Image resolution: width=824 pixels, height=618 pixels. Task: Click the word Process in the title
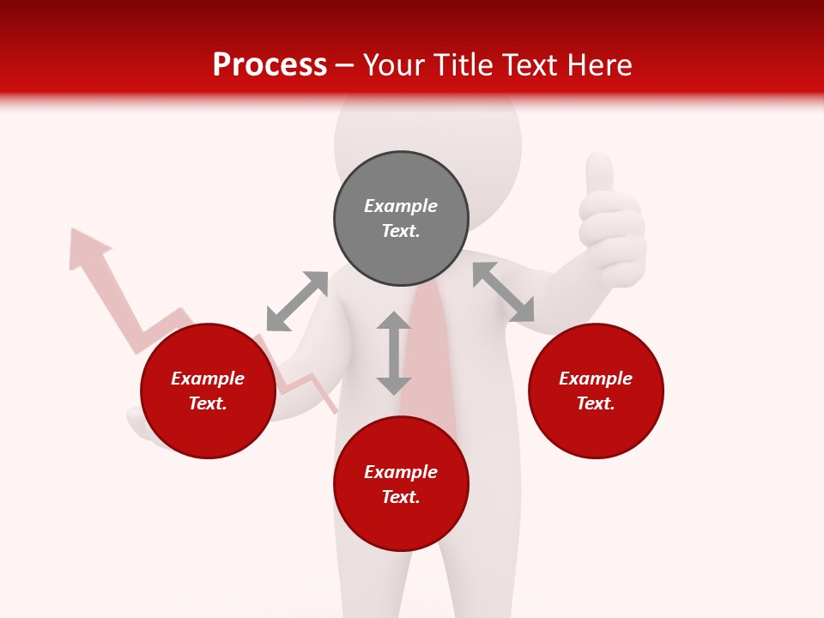(270, 65)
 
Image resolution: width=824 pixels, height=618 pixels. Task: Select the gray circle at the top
(401, 219)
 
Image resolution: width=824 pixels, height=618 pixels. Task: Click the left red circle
(208, 391)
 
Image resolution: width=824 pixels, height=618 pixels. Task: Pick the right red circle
(596, 391)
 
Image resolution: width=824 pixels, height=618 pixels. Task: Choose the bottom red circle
(401, 484)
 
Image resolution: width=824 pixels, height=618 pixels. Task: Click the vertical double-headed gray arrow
(394, 353)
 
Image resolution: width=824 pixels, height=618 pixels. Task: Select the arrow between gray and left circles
(297, 300)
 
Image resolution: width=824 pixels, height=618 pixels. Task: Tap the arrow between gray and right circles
(503, 292)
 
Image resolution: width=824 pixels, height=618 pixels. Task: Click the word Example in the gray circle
(401, 206)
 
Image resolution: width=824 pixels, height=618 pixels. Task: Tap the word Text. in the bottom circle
(401, 497)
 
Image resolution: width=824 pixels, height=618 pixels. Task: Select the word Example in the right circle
(596, 379)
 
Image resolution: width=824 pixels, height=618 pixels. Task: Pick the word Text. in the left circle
(208, 403)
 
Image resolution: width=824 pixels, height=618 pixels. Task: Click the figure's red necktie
(429, 343)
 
